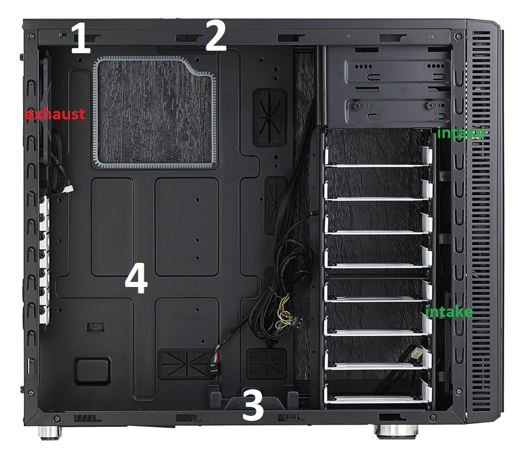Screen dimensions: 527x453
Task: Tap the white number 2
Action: point(215,36)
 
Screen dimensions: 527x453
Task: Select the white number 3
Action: point(253,404)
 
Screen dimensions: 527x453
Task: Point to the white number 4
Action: point(136,278)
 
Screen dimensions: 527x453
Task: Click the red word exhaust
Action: point(55,114)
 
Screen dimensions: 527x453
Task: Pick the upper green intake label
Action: point(461,132)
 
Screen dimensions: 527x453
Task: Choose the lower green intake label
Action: point(449,312)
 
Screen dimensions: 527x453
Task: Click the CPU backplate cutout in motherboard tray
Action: point(154,112)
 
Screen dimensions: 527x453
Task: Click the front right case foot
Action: point(397,431)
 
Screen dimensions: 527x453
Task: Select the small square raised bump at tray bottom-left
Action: point(92,371)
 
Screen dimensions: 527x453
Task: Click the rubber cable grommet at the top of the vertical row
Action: point(270,117)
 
